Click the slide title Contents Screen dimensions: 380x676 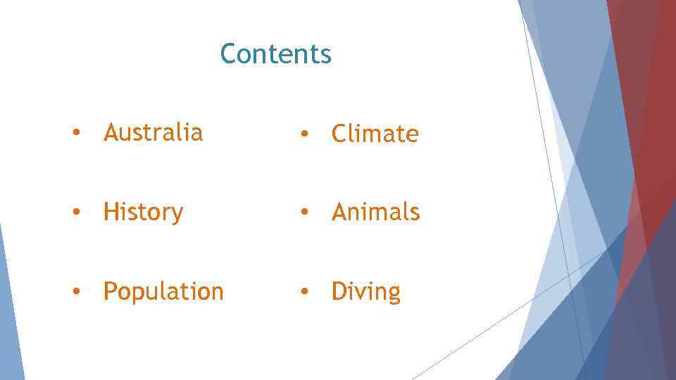click(275, 53)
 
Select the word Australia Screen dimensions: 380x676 click(153, 132)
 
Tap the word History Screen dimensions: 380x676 click(143, 212)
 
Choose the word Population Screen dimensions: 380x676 click(163, 291)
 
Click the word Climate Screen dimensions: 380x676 click(375, 134)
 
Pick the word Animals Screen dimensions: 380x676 click(375, 212)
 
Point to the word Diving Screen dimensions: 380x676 click(365, 291)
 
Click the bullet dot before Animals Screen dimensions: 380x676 click(303, 213)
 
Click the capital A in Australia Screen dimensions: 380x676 click(111, 132)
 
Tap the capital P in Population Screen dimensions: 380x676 click(110, 291)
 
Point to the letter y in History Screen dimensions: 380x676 click(177, 215)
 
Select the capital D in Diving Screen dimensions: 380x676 click(339, 291)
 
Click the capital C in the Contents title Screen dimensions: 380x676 click(228, 53)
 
